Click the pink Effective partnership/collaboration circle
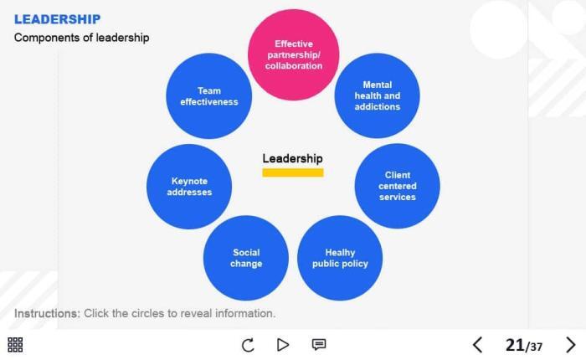pyautogui.click(x=294, y=55)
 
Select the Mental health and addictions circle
pyautogui.click(x=377, y=95)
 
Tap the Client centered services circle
pyautogui.click(x=397, y=186)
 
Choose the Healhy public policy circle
pyautogui.click(x=340, y=258)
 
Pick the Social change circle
pyautogui.click(x=246, y=258)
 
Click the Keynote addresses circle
pyautogui.click(x=189, y=186)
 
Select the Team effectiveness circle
pyautogui.click(x=208, y=96)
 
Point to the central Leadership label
pyautogui.click(x=292, y=158)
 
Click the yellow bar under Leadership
pyautogui.click(x=292, y=172)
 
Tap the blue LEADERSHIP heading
pyautogui.click(x=57, y=19)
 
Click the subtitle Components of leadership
pyautogui.click(x=81, y=38)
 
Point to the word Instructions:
pyautogui.click(x=47, y=313)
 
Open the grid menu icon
pyautogui.click(x=15, y=344)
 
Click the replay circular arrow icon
pyautogui.click(x=248, y=344)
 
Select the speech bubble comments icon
pyautogui.click(x=319, y=344)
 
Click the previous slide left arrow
pyautogui.click(x=477, y=344)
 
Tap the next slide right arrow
pyautogui.click(x=571, y=344)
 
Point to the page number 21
pyautogui.click(x=514, y=344)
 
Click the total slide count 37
pyautogui.click(x=536, y=347)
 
